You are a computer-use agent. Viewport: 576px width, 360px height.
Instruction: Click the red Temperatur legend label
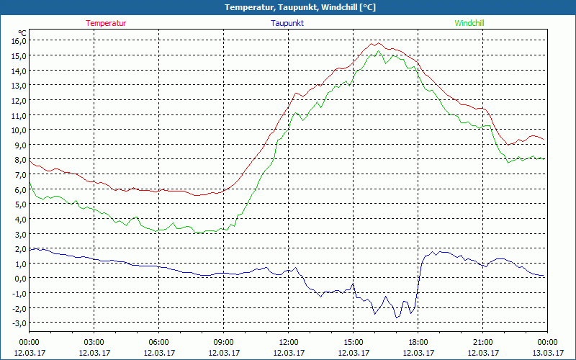(x=106, y=23)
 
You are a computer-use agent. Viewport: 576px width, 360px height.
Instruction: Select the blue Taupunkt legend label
(x=287, y=23)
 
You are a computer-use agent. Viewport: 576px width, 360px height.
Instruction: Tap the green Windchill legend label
(x=469, y=23)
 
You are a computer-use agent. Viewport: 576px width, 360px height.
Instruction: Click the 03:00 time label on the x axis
(x=94, y=342)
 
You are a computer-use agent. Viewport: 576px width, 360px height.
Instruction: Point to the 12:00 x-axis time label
(x=288, y=342)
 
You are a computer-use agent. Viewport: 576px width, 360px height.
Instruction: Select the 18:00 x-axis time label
(x=418, y=342)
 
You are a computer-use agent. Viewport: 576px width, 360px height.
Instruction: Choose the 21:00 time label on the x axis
(x=482, y=342)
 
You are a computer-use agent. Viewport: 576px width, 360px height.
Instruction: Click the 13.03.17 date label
(x=547, y=352)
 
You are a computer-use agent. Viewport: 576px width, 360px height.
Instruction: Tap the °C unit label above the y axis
(x=23, y=32)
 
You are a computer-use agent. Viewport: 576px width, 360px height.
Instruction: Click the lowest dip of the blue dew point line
(x=397, y=318)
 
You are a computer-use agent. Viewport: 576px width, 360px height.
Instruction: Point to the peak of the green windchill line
(x=378, y=51)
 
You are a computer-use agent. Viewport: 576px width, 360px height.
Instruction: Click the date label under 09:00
(x=223, y=352)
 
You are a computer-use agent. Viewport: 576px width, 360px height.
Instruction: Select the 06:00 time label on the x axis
(x=158, y=342)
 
